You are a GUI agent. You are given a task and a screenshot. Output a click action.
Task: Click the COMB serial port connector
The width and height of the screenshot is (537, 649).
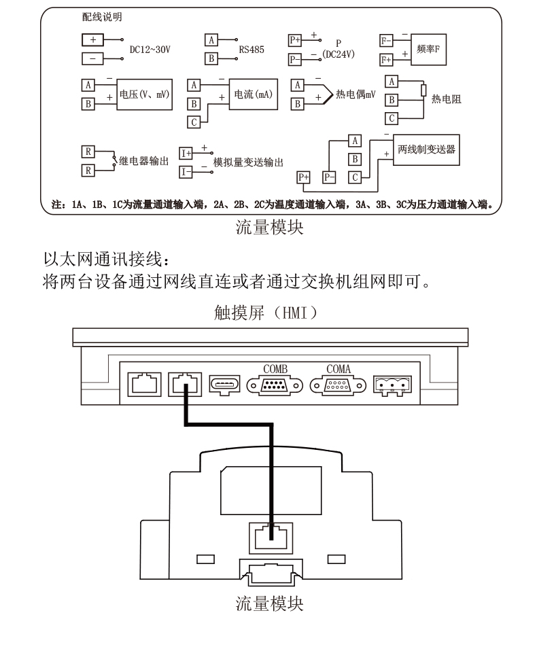coord(275,385)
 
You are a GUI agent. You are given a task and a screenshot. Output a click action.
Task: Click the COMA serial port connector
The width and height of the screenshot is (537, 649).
coord(337,385)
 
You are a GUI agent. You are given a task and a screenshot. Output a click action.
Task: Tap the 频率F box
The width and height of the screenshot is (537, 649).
coord(428,50)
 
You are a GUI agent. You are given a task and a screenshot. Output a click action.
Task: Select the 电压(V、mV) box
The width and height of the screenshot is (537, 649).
coord(145,94)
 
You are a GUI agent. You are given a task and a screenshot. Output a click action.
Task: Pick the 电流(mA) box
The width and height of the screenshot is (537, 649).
coord(254,94)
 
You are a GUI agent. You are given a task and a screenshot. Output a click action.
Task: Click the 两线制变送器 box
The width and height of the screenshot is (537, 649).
coord(426,150)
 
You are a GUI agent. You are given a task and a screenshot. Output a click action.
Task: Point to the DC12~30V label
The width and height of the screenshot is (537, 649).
coord(150,50)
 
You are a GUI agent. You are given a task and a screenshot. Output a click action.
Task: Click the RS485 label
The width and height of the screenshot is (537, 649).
coord(252,50)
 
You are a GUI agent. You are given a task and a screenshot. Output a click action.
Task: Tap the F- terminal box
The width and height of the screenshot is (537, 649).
coord(386,41)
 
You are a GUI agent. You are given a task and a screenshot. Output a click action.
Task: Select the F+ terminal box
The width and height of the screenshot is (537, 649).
coord(386,60)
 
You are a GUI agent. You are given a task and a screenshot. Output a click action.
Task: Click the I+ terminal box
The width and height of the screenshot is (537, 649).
coord(186,154)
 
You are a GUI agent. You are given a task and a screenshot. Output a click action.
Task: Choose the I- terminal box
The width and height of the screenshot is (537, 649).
coord(186,172)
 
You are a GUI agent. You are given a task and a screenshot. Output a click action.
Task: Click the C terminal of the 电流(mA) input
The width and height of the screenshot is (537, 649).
coord(194,122)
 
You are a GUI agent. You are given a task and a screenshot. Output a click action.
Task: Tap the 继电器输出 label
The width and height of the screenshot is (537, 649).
coord(143,161)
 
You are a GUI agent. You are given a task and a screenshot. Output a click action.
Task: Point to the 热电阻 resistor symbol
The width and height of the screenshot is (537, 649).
coord(423,90)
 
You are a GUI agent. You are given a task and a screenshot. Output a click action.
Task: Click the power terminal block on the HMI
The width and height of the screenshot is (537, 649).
coord(392,386)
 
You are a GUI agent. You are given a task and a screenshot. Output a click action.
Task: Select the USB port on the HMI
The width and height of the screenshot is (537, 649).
coord(224,385)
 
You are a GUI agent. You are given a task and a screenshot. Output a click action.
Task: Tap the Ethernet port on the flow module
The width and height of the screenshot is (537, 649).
coord(271,538)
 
